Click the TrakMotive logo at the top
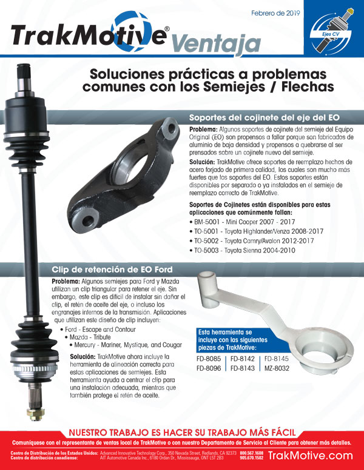[90, 35]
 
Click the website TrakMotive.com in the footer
[310, 455]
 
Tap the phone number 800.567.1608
[252, 452]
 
